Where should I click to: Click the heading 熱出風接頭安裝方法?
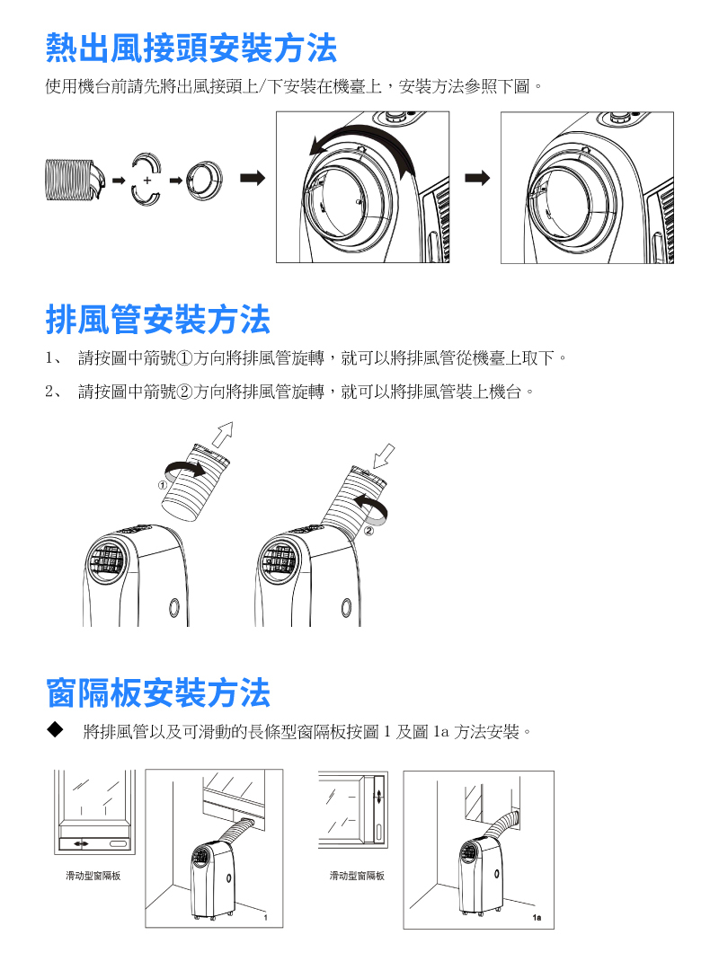coord(191,48)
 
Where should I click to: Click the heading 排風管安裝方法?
coord(158,320)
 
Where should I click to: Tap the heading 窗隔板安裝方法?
coord(158,692)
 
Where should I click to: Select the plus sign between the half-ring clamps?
coord(146,180)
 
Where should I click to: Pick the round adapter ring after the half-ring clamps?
coord(204,180)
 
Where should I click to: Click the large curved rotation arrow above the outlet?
coord(362,149)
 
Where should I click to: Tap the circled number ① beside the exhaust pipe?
coord(163,486)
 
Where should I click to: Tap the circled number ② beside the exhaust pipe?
coord(369,531)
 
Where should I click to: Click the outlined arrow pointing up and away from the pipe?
coord(222,435)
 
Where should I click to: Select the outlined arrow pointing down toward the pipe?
coord(384,456)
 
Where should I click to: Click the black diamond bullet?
coord(55,730)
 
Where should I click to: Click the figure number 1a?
coord(537,917)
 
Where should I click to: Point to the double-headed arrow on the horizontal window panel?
coord(81,843)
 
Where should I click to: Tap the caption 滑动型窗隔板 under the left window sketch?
coord(93,876)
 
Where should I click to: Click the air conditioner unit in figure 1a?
coord(481,877)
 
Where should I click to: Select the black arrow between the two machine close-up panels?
coord(477,178)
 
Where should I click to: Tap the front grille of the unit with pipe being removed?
coord(104,560)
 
